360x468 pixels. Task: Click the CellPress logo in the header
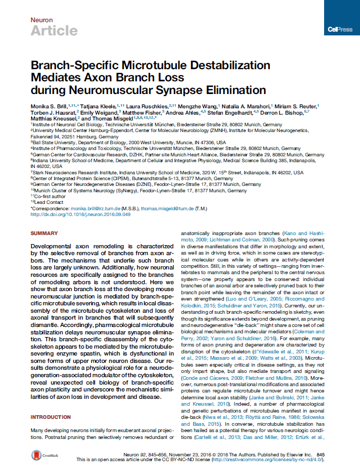coord(340,30)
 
